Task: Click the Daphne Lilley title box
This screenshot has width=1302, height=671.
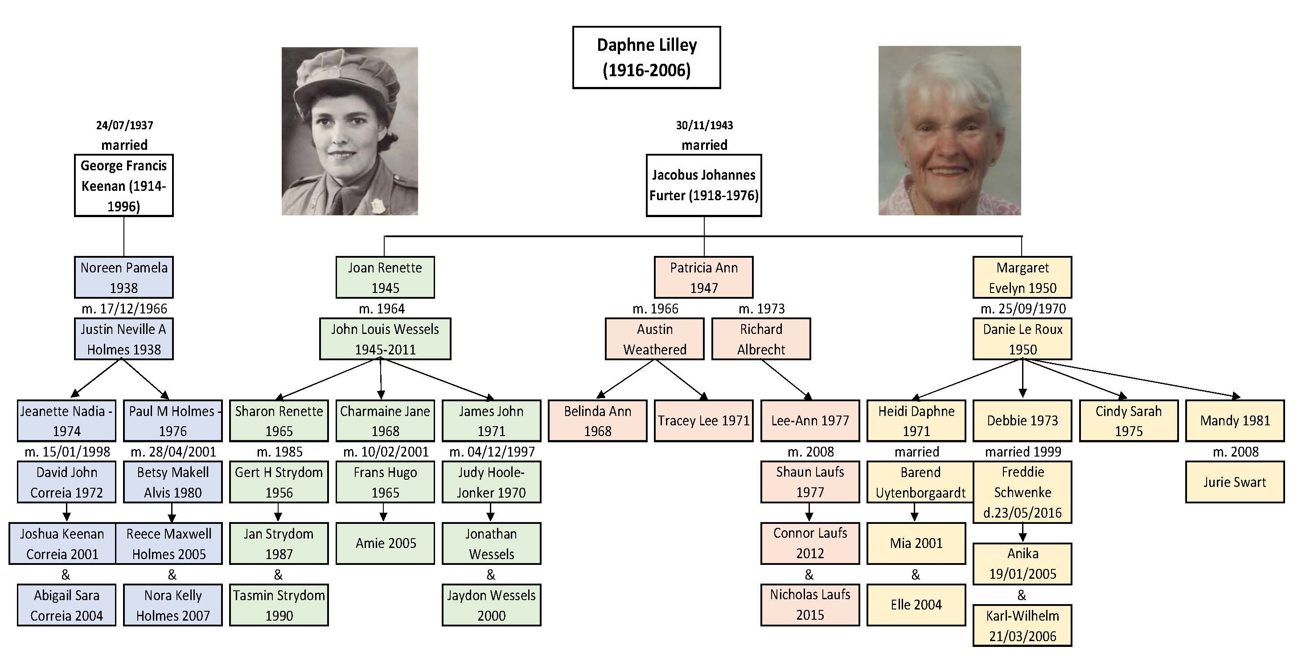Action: click(646, 58)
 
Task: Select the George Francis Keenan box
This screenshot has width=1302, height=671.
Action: click(124, 185)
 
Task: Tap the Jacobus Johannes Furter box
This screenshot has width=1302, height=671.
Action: click(703, 185)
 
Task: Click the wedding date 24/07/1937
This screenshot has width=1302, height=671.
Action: click(124, 125)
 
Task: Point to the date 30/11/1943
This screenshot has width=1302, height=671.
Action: click(704, 125)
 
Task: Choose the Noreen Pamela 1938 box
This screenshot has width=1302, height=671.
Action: click(124, 278)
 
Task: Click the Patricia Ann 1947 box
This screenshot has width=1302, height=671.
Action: click(703, 278)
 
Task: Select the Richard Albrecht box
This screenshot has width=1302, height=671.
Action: click(761, 339)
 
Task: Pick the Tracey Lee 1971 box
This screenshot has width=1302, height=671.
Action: click(703, 421)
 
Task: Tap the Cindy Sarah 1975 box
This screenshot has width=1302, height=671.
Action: click(1129, 421)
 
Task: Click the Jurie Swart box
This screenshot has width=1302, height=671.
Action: click(1235, 482)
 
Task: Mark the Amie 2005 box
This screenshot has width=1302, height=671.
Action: click(385, 543)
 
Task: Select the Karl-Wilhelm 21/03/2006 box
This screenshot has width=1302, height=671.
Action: click(1023, 626)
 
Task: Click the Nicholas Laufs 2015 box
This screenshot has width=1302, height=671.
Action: click(810, 605)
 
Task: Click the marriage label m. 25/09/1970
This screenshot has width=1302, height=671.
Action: click(1023, 309)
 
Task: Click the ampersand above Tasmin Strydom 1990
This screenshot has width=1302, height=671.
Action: click(278, 574)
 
